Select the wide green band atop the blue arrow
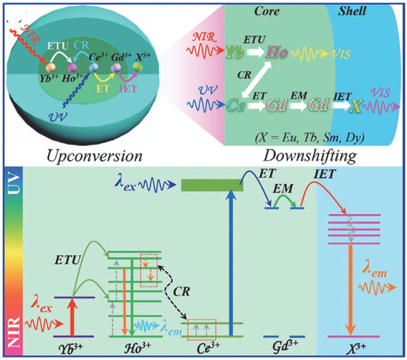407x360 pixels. pos(212,184)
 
